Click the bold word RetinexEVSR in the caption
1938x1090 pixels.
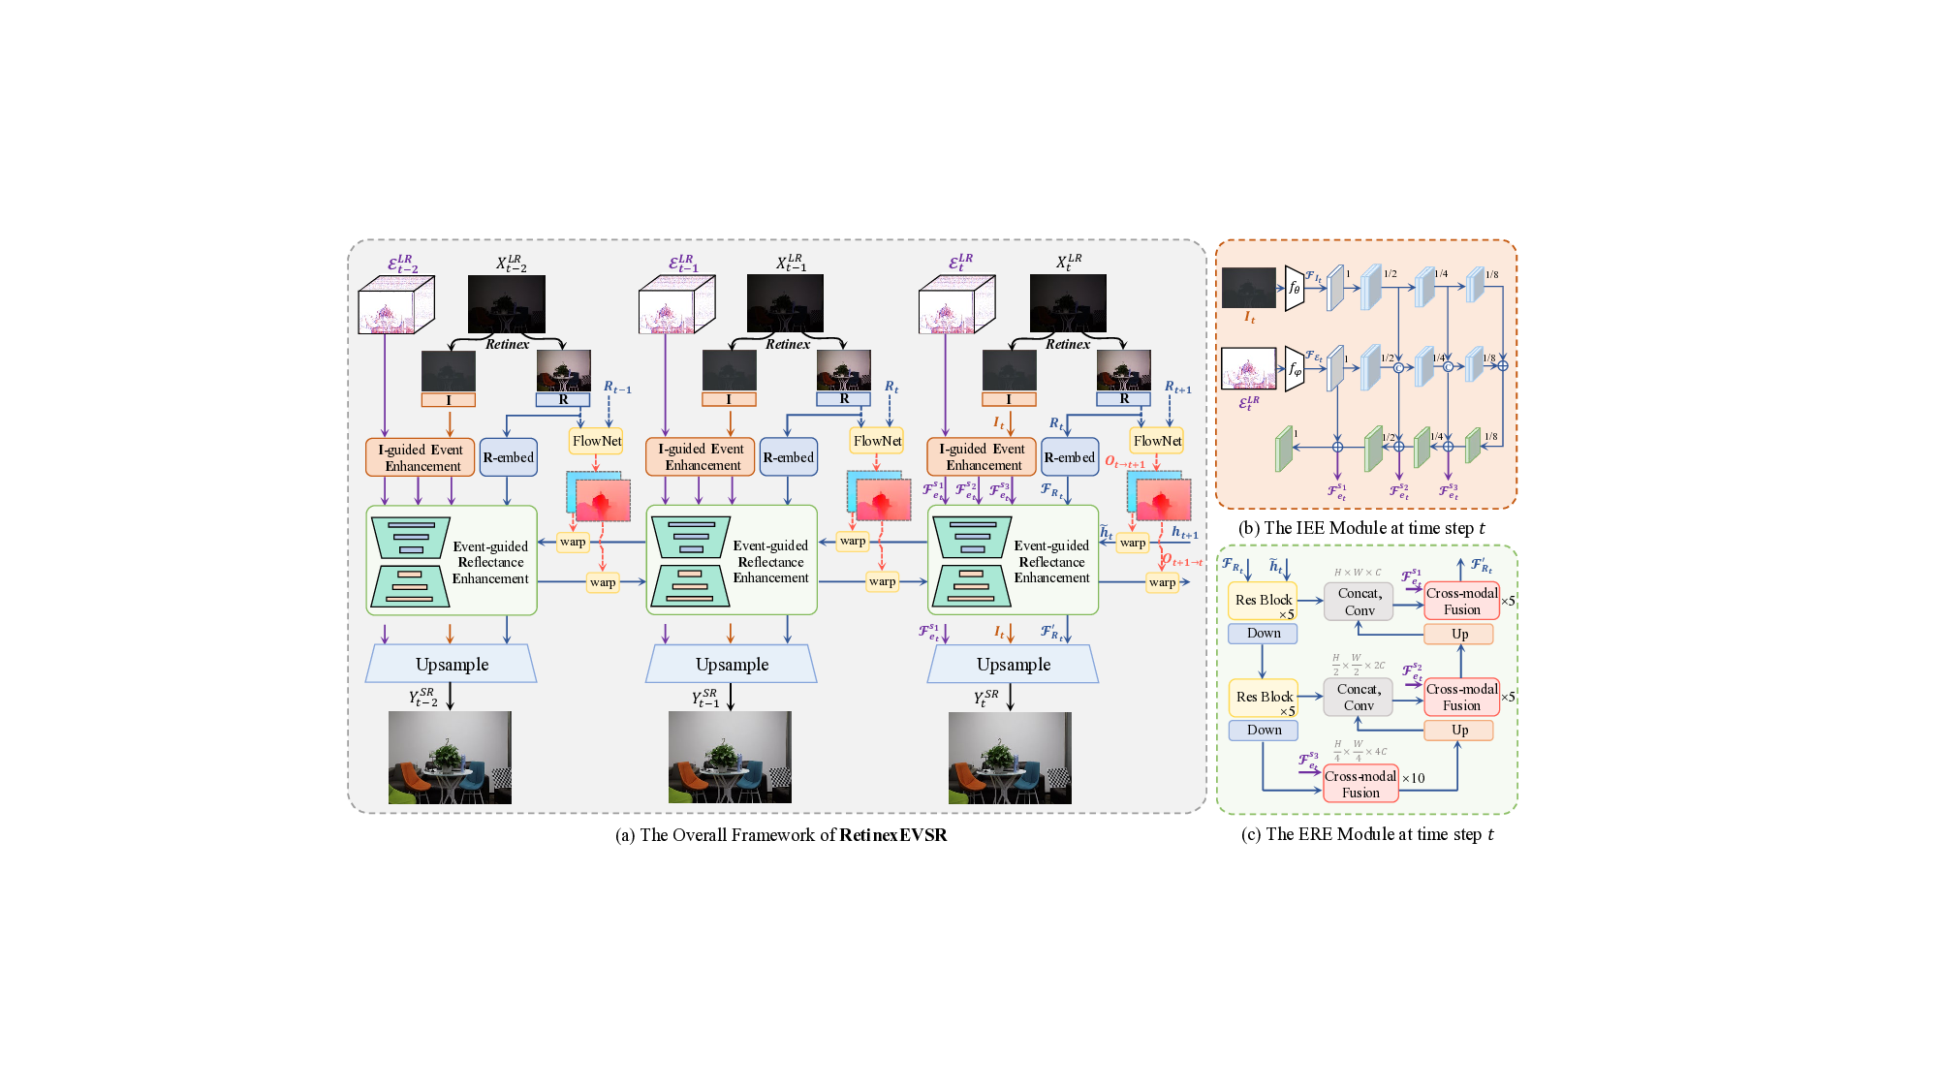point(892,835)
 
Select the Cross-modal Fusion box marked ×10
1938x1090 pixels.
point(1360,784)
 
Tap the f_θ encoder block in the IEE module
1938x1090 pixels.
point(1294,288)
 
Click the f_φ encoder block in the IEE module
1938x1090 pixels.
point(1294,369)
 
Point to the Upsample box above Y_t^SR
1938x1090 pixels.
point(1013,665)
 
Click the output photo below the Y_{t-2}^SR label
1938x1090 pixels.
point(450,758)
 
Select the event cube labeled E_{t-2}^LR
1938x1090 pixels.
point(395,304)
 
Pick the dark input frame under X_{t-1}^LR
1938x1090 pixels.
point(785,303)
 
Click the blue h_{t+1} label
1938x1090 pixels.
point(1184,533)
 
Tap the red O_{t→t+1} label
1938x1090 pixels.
point(1125,463)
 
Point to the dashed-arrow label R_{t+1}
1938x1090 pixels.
point(1177,388)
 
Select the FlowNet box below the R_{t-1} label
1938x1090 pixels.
point(596,441)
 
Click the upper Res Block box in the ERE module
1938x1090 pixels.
point(1263,601)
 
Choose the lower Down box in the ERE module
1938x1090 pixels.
point(1263,730)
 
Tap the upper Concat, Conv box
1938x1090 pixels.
point(1359,601)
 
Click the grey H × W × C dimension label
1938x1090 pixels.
point(1358,573)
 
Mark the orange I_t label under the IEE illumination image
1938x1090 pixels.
point(1250,317)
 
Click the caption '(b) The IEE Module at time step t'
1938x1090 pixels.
point(1361,528)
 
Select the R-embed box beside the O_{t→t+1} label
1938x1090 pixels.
point(1069,457)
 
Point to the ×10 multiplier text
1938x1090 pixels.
point(1413,778)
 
